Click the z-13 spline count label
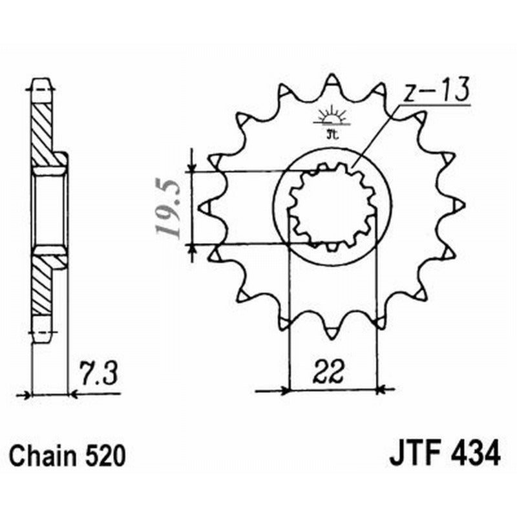[x=434, y=92]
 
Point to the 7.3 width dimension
[x=96, y=373]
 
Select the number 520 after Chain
[x=105, y=456]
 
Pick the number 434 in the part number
[x=474, y=453]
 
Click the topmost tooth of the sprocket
[x=332, y=80]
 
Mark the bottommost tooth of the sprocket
[x=332, y=333]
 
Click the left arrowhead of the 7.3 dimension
[x=26, y=393]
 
